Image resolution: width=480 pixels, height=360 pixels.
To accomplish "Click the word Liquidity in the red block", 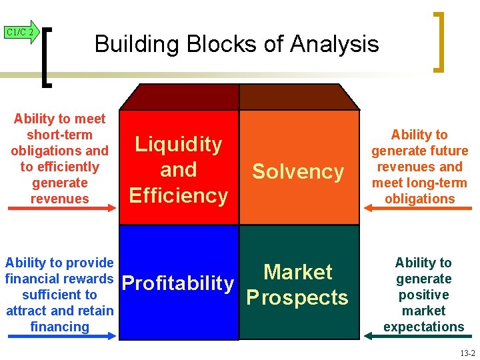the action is tap(179, 144).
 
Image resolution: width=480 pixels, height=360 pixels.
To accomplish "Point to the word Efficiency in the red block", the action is tap(179, 195).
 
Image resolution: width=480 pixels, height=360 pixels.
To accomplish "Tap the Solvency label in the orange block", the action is tap(298, 171).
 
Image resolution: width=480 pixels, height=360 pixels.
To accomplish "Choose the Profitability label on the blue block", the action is tap(179, 283).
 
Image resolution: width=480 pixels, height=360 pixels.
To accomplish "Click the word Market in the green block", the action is tap(298, 271).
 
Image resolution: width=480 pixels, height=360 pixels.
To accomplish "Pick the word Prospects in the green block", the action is tap(298, 297).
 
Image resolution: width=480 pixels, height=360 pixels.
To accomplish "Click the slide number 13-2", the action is tap(467, 353).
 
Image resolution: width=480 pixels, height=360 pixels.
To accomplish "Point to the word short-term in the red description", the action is tap(59, 135).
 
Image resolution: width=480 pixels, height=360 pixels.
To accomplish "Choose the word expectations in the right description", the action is tap(423, 327).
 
